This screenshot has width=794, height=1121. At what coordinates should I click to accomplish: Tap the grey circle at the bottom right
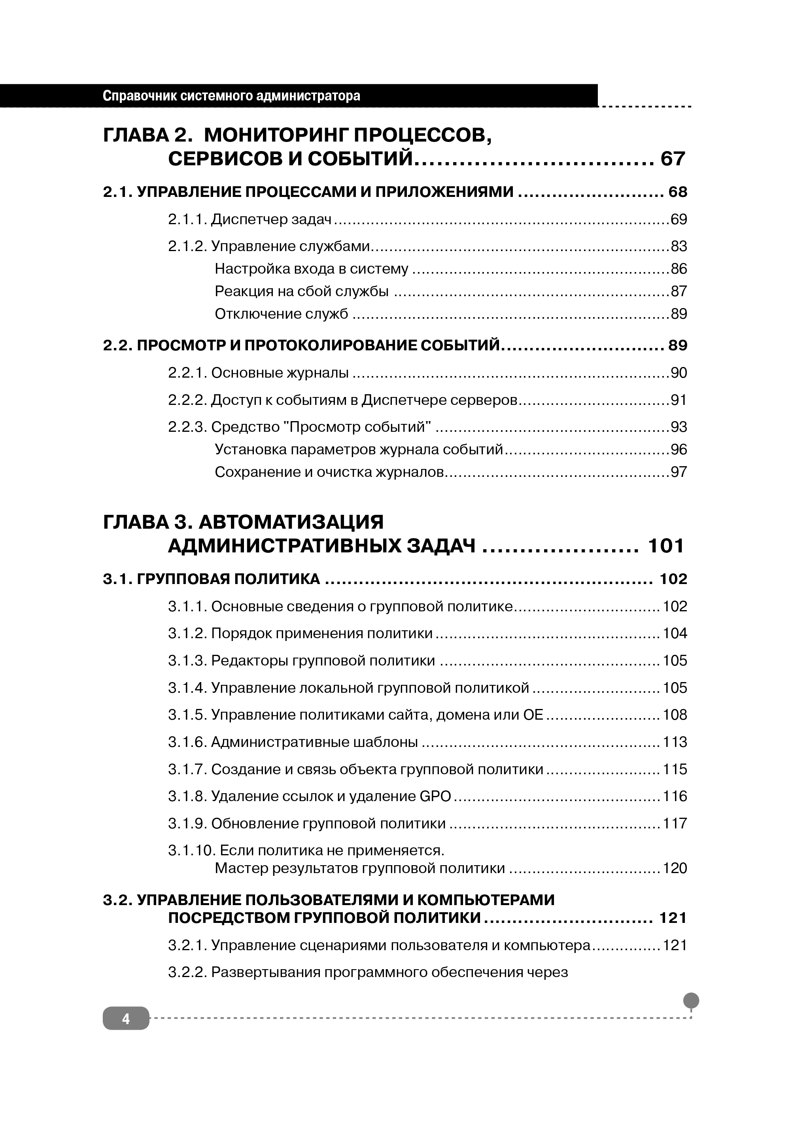pyautogui.click(x=690, y=1000)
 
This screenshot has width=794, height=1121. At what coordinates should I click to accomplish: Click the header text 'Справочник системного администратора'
pyautogui.click(x=231, y=96)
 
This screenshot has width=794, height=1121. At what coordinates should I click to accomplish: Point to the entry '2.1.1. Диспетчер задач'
pyautogui.click(x=250, y=219)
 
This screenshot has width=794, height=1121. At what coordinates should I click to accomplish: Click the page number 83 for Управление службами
pyautogui.click(x=679, y=246)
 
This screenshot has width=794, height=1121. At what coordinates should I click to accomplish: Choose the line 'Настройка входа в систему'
pyautogui.click(x=312, y=269)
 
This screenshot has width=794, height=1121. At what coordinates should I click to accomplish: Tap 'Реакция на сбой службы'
pyautogui.click(x=302, y=291)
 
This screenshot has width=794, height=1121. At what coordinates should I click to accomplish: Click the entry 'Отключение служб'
pyautogui.click(x=282, y=314)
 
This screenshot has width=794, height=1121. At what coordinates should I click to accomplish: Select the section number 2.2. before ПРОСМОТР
pyautogui.click(x=117, y=346)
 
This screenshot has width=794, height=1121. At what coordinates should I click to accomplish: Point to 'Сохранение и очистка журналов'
pyautogui.click(x=329, y=472)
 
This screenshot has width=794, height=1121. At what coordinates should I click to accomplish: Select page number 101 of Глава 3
pyautogui.click(x=665, y=546)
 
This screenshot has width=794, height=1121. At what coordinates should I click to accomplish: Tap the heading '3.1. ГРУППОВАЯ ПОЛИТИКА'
pyautogui.click(x=211, y=579)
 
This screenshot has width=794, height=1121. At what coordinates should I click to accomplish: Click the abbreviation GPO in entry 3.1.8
pyautogui.click(x=435, y=796)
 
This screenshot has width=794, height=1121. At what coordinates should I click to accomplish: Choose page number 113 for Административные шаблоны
pyautogui.click(x=675, y=742)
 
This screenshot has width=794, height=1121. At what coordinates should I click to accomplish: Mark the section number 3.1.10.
pyautogui.click(x=192, y=851)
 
